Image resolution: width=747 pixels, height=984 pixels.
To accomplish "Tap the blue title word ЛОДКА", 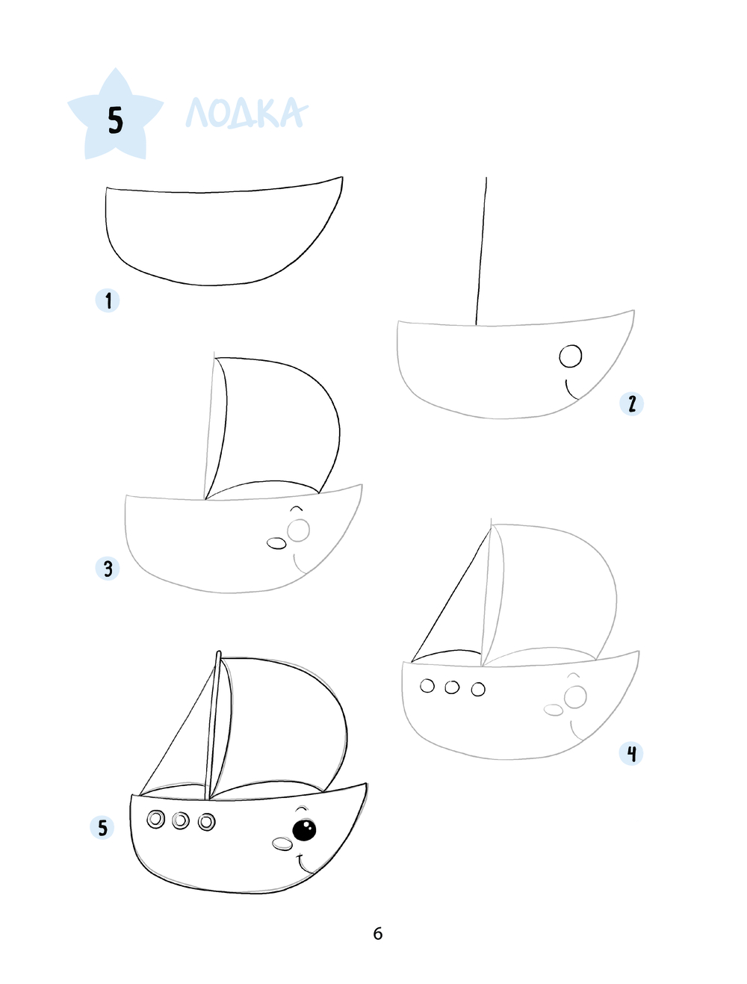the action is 247,112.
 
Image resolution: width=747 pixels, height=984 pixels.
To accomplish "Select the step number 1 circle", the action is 108,300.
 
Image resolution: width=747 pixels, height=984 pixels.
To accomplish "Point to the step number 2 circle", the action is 631,403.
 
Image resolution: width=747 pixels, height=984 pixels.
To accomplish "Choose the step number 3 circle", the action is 108,569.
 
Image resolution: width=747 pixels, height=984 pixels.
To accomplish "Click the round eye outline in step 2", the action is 571,356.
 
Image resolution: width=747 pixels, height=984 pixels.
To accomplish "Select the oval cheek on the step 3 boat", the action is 276,544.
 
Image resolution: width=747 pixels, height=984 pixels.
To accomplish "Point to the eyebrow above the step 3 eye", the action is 297,509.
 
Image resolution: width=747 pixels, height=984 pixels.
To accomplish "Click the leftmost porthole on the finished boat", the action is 155,819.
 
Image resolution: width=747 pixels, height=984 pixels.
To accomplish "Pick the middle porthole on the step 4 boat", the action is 452,687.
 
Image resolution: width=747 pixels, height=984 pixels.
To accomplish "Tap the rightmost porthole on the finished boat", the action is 207,822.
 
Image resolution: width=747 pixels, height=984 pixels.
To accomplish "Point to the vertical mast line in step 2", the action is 481,251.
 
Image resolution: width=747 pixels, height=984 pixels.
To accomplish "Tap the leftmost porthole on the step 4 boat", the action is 427,686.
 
